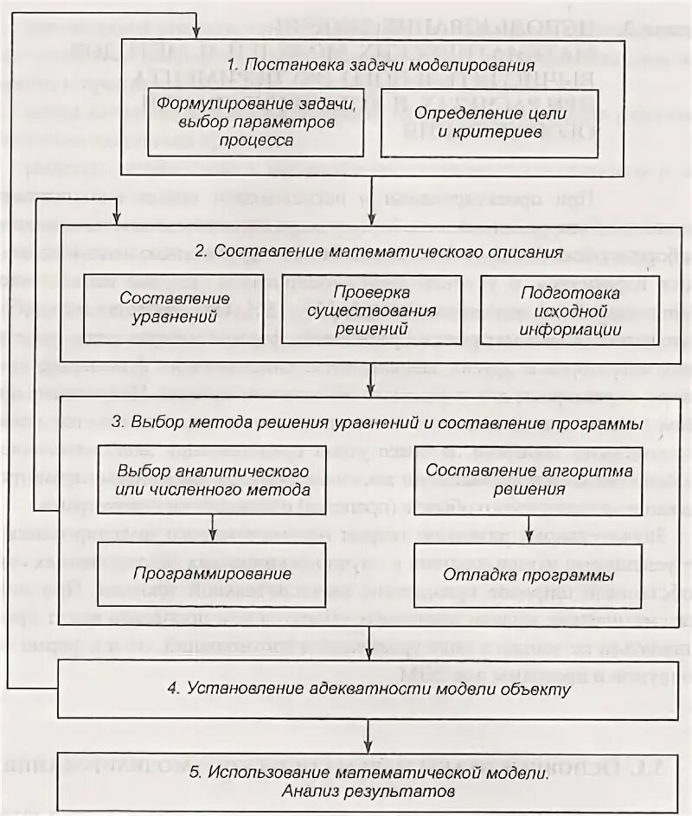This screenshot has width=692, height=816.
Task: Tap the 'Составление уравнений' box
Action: coord(168,307)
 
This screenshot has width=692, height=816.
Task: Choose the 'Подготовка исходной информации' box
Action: coord(570,307)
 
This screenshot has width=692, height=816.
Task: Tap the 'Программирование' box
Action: coord(214,573)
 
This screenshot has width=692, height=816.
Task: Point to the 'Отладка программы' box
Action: coord(530,573)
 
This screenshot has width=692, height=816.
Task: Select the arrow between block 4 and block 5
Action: coord(370,735)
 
